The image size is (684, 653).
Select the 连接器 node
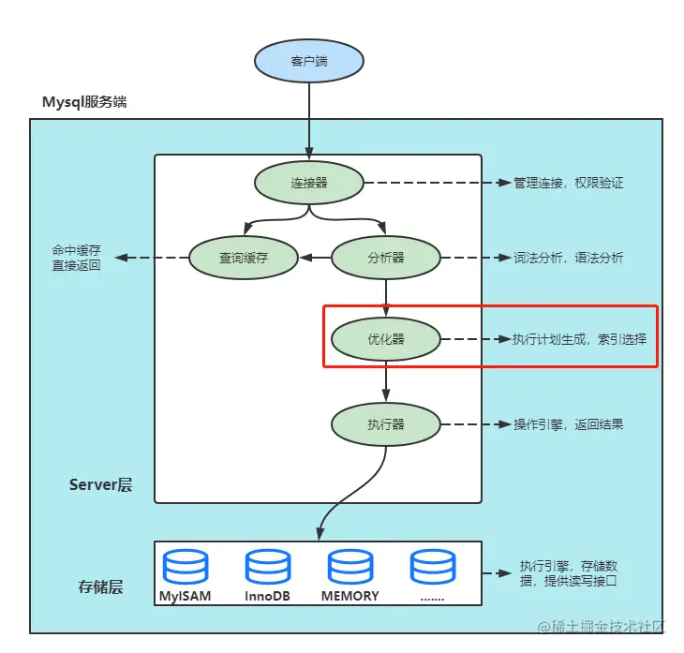[309, 183]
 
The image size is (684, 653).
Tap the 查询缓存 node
[244, 258]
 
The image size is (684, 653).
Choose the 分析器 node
[386, 258]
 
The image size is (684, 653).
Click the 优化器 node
[386, 339]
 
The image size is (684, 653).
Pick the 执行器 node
[386, 424]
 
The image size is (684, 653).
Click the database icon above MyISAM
[185, 568]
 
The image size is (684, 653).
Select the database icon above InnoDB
[268, 568]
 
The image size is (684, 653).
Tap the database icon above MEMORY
[350, 568]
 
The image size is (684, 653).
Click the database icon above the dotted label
[432, 568]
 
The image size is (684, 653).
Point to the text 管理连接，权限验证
[568, 183]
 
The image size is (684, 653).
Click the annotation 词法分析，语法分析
[568, 258]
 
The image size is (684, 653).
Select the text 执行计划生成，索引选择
[579, 339]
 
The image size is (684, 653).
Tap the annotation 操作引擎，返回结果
[568, 424]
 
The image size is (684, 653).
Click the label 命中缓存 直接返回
[77, 259]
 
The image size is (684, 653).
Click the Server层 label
[100, 484]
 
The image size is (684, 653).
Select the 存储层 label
[100, 587]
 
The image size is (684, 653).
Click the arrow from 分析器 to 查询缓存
[315, 258]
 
